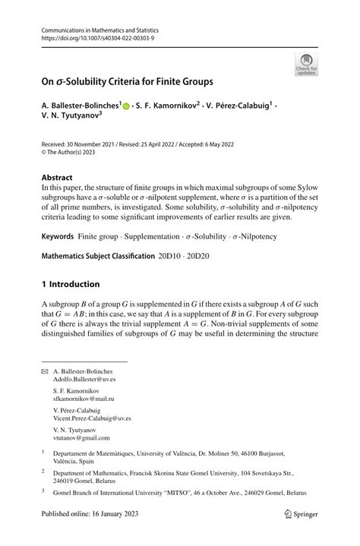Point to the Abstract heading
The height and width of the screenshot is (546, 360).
(x=62, y=176)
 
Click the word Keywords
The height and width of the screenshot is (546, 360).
(x=62, y=236)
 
